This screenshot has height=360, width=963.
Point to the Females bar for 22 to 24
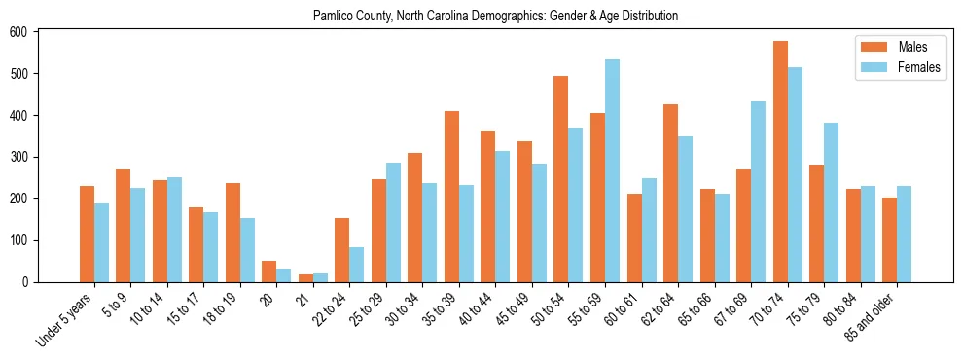(356, 265)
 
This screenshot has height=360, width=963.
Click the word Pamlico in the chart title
(334, 17)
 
